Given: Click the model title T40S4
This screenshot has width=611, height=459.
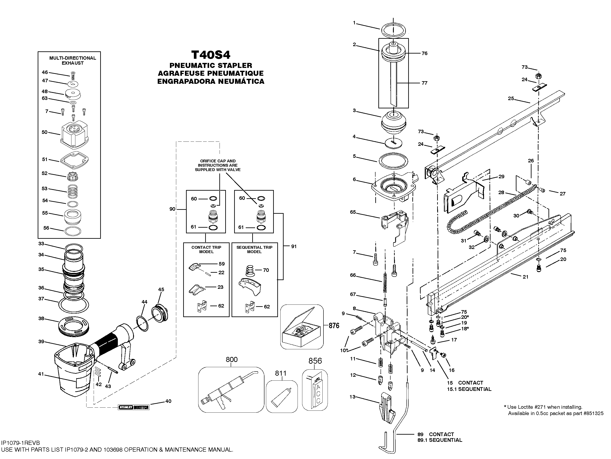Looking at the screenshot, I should point(211,55).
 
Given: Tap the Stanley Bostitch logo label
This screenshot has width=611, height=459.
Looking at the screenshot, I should point(134,407).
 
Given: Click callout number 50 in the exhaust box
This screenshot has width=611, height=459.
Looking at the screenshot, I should point(44,132).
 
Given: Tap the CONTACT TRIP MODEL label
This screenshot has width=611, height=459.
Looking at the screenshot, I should point(206,249).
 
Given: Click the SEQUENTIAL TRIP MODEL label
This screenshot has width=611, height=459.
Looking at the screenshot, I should point(254,249).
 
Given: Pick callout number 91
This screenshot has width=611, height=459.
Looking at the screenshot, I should point(294,246).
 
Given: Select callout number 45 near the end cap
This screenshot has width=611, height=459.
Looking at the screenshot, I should point(161,289).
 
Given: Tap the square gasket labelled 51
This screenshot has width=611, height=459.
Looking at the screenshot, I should point(74,160).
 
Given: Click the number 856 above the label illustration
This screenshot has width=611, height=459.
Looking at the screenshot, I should point(315,361).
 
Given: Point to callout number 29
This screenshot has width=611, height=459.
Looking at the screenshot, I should point(501,177).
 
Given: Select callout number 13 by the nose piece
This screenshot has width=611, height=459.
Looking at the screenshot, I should point(352,397).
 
